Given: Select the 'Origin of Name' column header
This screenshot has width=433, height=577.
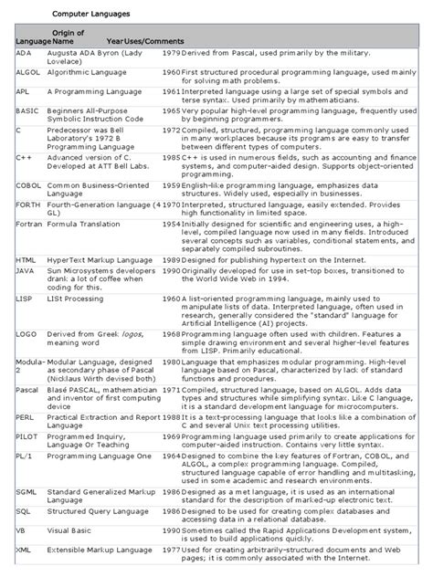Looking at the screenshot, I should pos(68,37).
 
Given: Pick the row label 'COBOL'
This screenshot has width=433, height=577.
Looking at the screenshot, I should pos(28,185).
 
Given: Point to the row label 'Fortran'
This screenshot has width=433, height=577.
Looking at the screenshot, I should pos(29,224).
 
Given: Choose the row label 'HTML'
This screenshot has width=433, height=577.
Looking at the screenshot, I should pos(26,260).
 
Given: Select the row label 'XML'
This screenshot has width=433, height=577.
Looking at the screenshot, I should pos(24,551).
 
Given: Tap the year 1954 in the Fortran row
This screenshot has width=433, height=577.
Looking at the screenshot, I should pos(171,224).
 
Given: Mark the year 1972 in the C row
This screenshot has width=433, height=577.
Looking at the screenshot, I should pos(171,131).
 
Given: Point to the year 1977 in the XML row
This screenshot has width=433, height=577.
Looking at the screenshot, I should pos(171,551).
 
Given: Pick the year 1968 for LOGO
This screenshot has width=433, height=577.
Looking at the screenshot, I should pos(171,335).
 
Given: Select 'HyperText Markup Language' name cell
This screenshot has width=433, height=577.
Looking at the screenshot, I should pos(99,260).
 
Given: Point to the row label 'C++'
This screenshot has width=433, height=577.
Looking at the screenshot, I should pos(24,157).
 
